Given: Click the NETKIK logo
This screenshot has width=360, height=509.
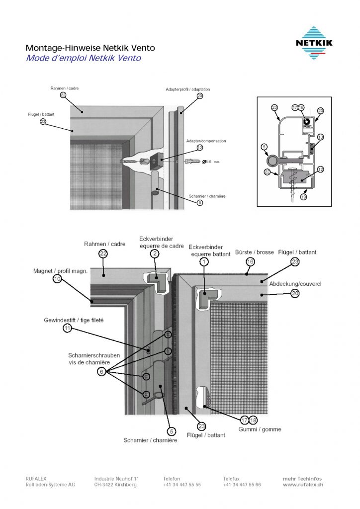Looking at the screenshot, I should pyautogui.click(x=314, y=43).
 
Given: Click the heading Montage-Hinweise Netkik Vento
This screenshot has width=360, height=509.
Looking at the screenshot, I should pyautogui.click(x=90, y=48).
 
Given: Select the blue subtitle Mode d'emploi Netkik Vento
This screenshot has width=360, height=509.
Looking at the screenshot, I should pyautogui.click(x=83, y=58).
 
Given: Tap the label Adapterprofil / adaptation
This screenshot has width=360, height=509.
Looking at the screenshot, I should pyautogui.click(x=187, y=89).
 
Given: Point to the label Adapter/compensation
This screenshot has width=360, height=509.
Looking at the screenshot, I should pyautogui.click(x=205, y=141).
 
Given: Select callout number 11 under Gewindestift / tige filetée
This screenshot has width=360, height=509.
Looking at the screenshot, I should pyautogui.click(x=68, y=328).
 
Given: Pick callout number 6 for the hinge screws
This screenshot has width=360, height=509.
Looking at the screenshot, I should pyautogui.click(x=101, y=371).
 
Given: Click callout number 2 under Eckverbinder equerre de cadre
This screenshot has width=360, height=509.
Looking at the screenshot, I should pyautogui.click(x=156, y=254).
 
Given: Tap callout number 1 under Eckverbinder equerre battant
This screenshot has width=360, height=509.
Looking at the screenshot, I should pyautogui.click(x=204, y=261).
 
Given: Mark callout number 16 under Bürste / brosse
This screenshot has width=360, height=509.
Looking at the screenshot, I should pyautogui.click(x=250, y=261).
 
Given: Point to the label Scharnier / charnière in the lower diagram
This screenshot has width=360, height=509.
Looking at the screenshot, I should pyautogui.click(x=150, y=440).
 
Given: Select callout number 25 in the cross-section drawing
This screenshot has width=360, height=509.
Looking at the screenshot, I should pyautogui.click(x=268, y=172).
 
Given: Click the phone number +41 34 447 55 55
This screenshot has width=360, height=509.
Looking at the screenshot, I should pyautogui.click(x=182, y=485).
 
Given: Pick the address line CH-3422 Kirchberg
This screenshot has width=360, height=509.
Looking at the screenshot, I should pyautogui.click(x=115, y=485).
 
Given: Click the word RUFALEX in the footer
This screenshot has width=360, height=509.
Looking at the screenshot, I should pyautogui.click(x=36, y=479).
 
